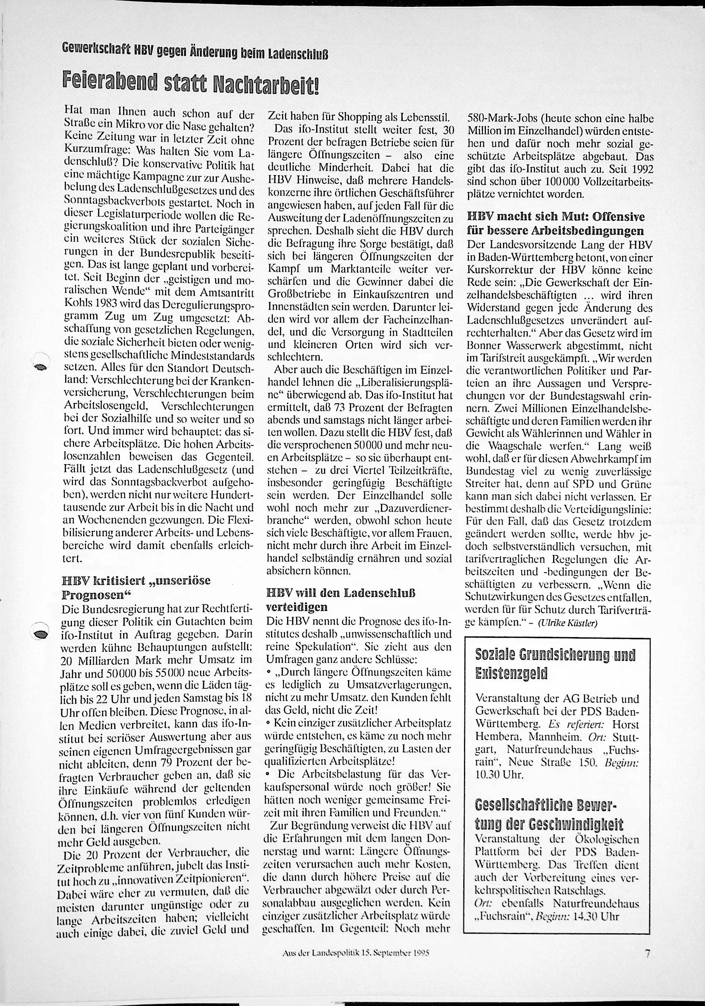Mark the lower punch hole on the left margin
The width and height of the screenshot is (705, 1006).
[x=41, y=634]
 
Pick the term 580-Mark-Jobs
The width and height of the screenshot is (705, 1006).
[x=496, y=119]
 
